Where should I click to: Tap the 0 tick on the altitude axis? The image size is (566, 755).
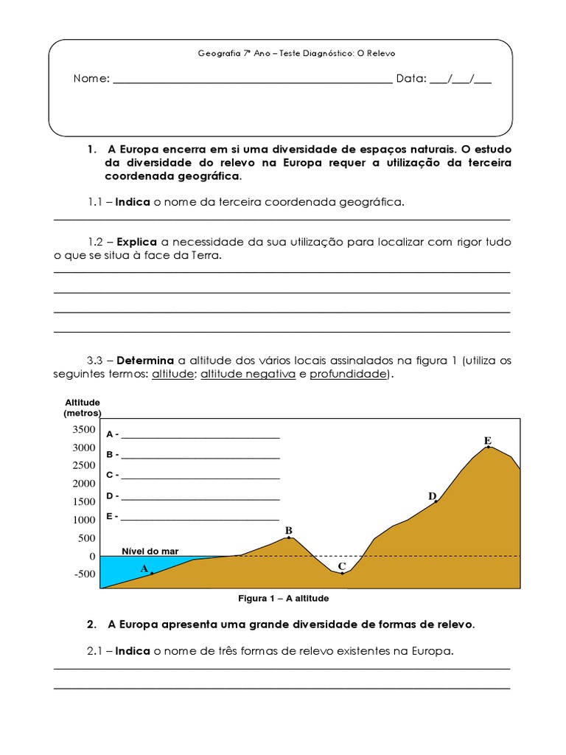click(91, 557)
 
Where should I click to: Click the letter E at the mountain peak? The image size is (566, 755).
click(487, 440)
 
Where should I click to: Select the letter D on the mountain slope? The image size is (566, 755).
click(432, 496)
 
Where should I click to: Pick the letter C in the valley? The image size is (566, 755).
click(341, 566)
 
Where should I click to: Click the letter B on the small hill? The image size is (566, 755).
click(289, 530)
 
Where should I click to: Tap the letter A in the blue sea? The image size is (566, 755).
click(144, 568)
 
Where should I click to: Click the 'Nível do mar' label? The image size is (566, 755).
click(150, 551)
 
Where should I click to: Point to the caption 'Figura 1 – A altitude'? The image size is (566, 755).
click(283, 598)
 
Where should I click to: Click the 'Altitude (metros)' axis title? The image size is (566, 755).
click(83, 408)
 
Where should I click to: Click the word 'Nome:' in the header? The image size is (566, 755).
click(91, 79)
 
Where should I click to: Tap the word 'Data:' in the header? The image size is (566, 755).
click(411, 79)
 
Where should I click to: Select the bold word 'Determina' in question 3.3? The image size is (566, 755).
click(145, 361)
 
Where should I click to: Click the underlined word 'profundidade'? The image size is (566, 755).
click(347, 375)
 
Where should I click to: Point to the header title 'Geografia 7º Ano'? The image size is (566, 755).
click(228, 53)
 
